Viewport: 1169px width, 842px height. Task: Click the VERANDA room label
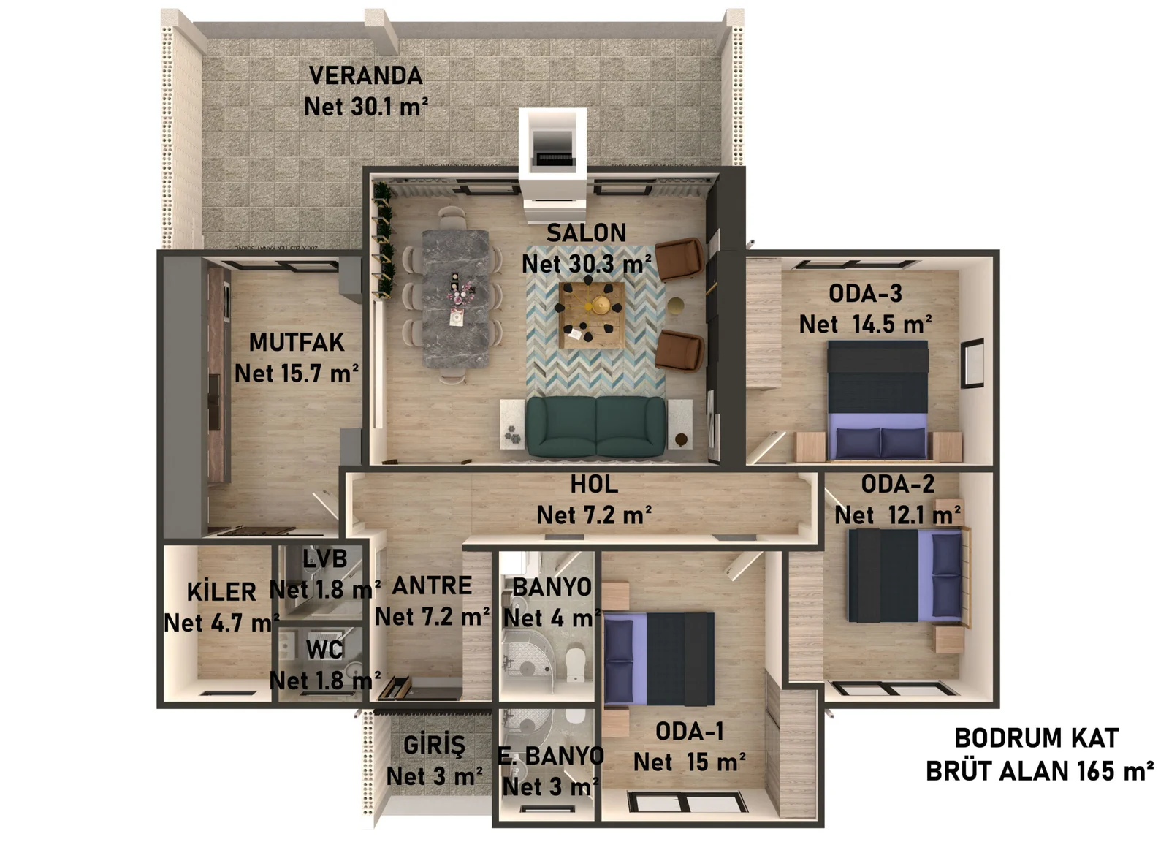point(365,75)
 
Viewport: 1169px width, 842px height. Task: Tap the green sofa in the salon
point(596,427)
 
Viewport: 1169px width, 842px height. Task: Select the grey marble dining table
point(456,298)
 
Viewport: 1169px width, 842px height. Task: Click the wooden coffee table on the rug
point(591,315)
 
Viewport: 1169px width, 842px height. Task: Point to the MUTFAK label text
point(296,342)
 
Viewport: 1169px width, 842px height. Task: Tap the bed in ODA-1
point(659,659)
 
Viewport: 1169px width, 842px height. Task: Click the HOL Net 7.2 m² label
point(594,500)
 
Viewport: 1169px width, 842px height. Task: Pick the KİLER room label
point(221,591)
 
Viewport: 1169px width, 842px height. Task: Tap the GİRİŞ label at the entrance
point(434,746)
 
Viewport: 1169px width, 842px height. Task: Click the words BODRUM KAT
point(1036,738)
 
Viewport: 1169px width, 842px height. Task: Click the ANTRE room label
point(432,585)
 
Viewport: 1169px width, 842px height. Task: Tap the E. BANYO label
point(551,756)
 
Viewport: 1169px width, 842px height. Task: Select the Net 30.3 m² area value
point(587,264)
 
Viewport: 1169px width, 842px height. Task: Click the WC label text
point(324,649)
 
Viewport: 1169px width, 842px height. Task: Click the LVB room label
point(325,559)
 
